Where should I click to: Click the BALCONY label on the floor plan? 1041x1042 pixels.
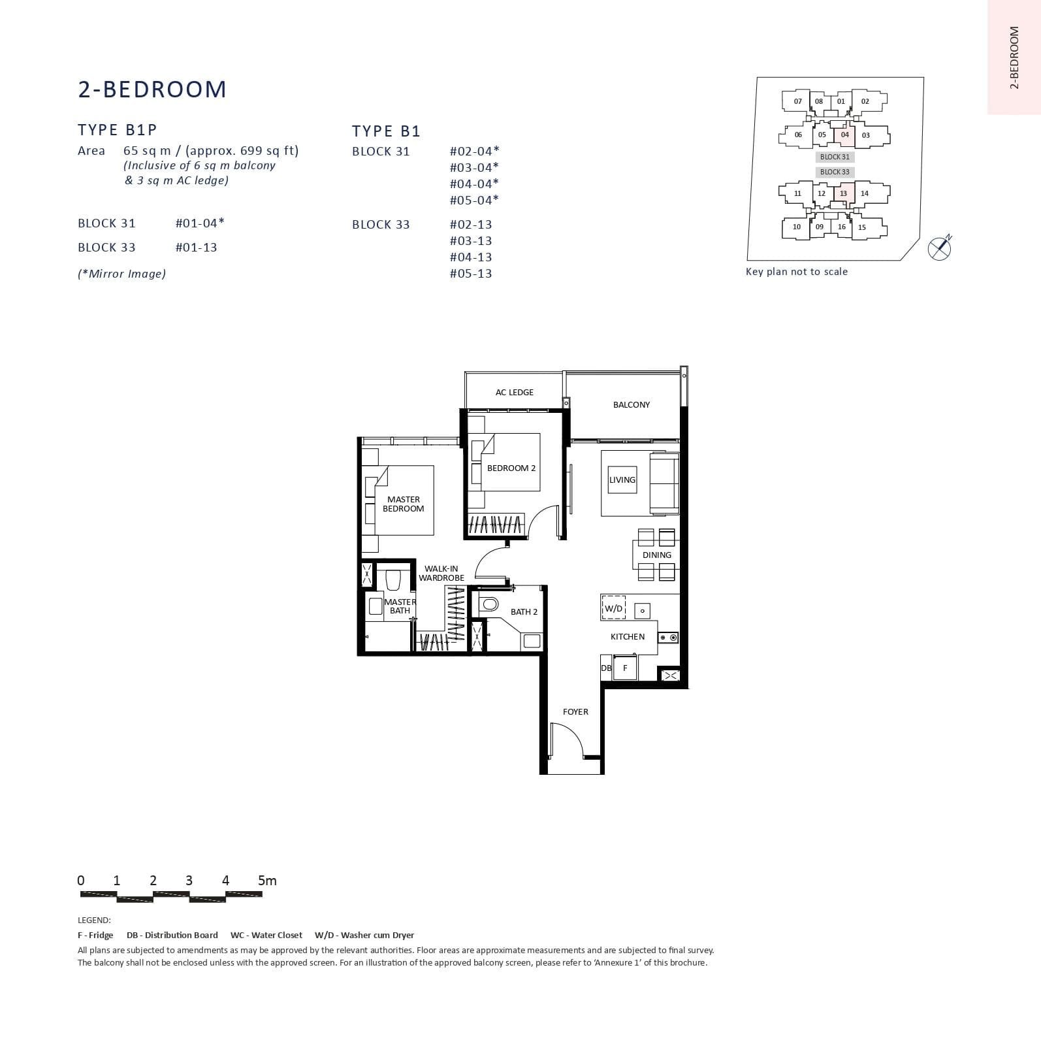tap(631, 404)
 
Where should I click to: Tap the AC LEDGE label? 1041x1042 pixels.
tap(514, 392)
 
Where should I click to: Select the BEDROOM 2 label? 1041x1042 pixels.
tap(511, 468)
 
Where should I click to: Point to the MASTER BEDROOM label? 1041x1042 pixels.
tap(403, 504)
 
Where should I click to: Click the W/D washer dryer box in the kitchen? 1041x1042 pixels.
tap(613, 608)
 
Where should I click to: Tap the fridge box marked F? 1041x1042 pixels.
tap(625, 668)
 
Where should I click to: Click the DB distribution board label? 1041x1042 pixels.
tap(606, 668)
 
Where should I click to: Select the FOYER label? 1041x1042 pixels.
tap(575, 711)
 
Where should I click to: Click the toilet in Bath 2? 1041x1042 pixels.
tap(488, 603)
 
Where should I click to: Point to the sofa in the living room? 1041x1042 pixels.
tap(664, 484)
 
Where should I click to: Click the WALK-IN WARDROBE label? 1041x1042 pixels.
tap(441, 573)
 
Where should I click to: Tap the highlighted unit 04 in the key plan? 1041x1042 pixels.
tap(844, 135)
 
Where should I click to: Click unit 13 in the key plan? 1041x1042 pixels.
tap(843, 193)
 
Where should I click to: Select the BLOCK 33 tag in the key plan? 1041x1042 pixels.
tap(835, 172)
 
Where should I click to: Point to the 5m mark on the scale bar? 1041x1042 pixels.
tap(267, 881)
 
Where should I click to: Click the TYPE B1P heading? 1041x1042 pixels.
tap(118, 129)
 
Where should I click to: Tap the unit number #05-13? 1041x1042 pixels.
tap(471, 274)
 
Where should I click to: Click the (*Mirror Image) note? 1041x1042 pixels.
tap(121, 274)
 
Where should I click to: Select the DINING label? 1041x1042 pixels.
tap(656, 555)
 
